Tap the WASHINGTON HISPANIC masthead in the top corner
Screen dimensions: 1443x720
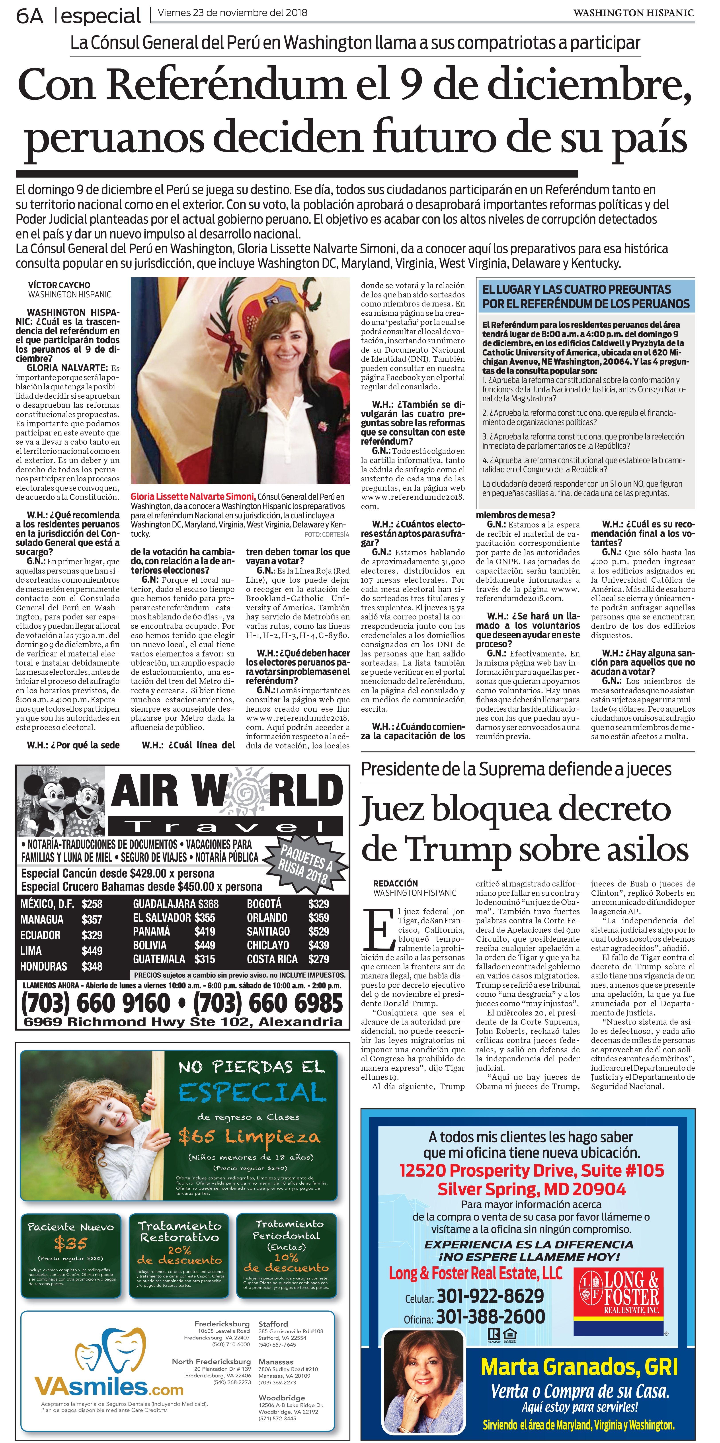point(633,13)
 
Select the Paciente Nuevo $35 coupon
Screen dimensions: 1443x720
point(71,1255)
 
